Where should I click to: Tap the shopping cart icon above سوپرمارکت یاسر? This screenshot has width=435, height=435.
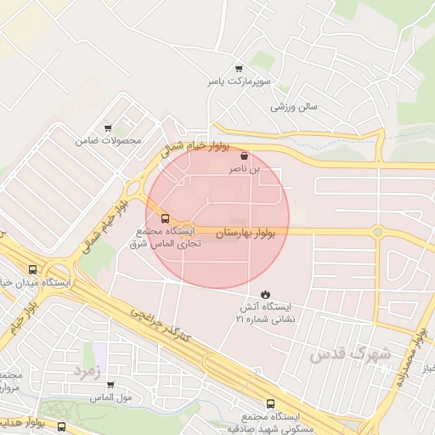239,70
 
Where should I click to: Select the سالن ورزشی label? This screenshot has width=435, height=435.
294,108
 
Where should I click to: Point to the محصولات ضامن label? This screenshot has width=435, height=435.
108,139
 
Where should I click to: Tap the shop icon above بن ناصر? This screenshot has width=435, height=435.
245,156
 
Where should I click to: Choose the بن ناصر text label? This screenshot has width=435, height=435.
245,170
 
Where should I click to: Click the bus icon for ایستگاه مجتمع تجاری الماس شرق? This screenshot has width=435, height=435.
165,217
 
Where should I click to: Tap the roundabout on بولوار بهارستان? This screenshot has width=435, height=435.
377,231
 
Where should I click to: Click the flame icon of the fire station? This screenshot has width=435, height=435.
266,292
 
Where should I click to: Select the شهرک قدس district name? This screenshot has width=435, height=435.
351,353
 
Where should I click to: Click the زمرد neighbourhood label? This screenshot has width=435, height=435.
87,371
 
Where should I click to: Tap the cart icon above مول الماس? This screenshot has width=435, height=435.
110,384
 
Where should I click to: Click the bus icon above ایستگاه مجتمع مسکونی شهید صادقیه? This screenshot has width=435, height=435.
270,404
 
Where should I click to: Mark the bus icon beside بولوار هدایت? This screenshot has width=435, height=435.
61,426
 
